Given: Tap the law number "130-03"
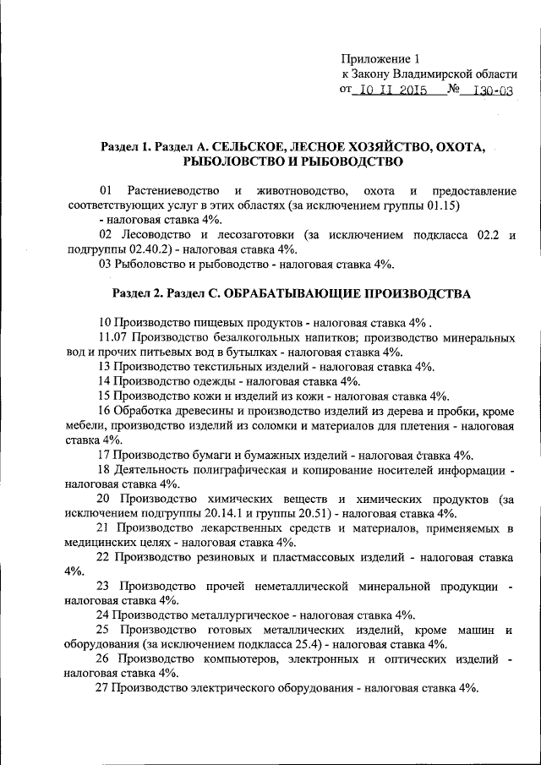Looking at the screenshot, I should (494, 91).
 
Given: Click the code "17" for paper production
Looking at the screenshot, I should (106, 454).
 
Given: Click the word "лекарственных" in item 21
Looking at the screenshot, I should (234, 528).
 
